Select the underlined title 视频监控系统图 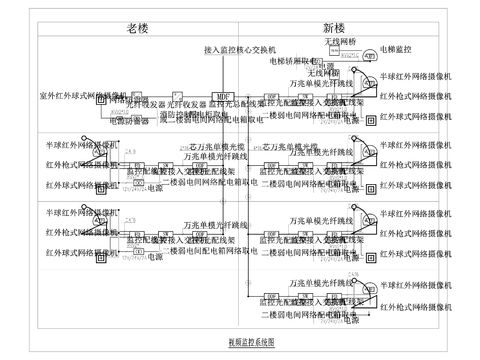point(251,341)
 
